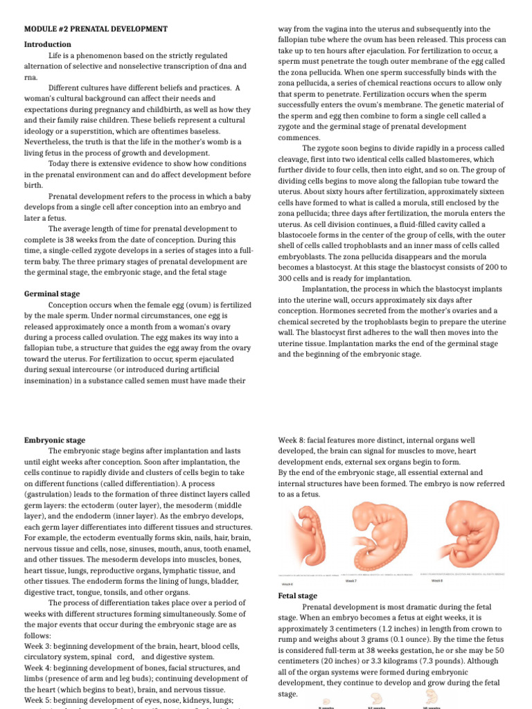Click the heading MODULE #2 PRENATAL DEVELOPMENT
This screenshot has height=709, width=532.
pyautogui.click(x=96, y=29)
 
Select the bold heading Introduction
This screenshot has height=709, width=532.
pyautogui.click(x=48, y=44)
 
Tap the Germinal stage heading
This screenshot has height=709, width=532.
pyautogui.click(x=52, y=294)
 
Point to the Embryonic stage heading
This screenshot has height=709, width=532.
pyautogui.click(x=55, y=440)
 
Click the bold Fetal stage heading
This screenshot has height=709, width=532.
pyautogui.click(x=297, y=595)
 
